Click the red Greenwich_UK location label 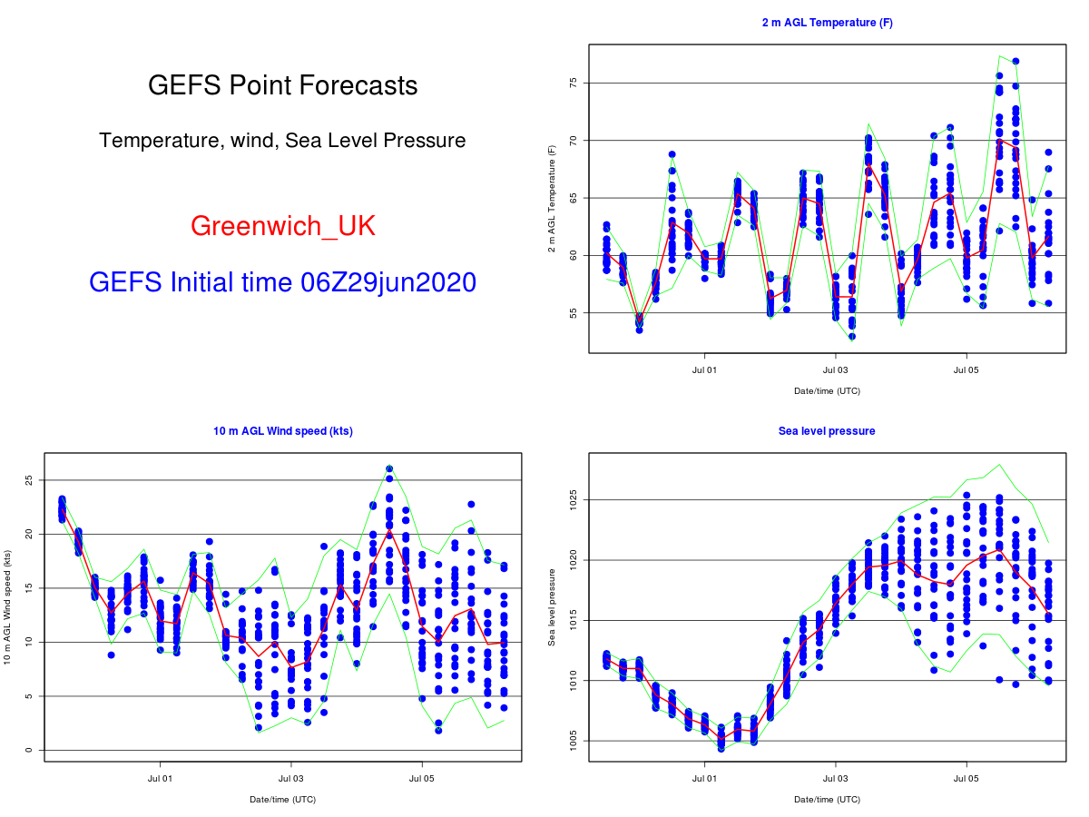[282, 226]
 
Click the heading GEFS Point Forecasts [282, 85]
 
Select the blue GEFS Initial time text [282, 282]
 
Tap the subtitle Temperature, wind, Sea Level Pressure [282, 141]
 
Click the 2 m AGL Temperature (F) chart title [827, 23]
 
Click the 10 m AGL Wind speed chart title [283, 431]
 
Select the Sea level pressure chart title [827, 431]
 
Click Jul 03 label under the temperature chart [835, 370]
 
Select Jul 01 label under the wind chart [161, 778]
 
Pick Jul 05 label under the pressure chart [966, 778]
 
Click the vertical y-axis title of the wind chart [7, 606]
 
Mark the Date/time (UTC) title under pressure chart [827, 800]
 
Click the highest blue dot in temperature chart [1015, 62]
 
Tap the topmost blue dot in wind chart [389, 469]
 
